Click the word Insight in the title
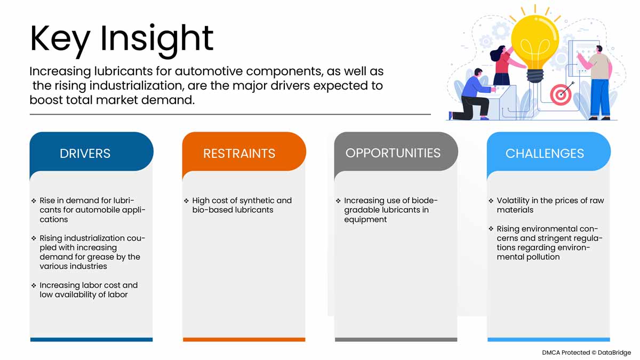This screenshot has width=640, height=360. [157, 41]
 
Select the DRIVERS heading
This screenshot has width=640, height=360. [85, 154]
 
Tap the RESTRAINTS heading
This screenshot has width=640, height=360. [239, 154]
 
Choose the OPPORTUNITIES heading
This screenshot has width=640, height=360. [393, 153]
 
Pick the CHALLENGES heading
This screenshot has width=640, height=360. [545, 154]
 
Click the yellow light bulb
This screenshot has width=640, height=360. [535, 43]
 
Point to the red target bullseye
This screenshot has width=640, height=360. [561, 94]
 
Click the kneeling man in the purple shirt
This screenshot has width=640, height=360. [473, 95]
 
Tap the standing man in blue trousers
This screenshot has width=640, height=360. [597, 83]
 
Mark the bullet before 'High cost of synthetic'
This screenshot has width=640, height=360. [186, 201]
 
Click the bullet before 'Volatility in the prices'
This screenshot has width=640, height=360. [491, 201]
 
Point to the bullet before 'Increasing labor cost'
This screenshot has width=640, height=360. [34, 285]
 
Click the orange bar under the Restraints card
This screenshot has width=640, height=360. [244, 339]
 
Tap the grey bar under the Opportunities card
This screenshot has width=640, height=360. [396, 339]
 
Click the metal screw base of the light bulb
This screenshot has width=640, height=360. [535, 76]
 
